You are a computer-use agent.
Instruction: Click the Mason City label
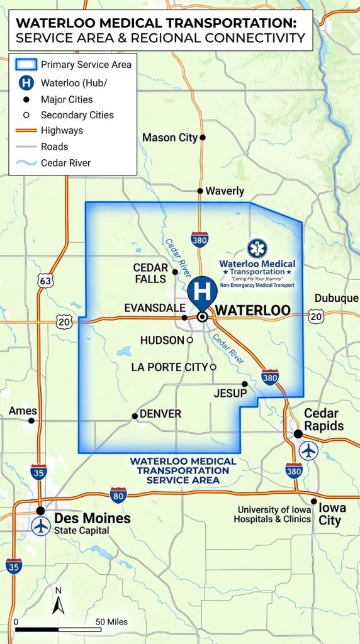tap(170, 138)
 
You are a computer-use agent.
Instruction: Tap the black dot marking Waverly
tap(200, 191)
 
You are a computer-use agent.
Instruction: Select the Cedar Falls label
tap(151, 272)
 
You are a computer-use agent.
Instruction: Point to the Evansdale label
tap(154, 308)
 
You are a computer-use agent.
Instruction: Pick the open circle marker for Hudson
tap(189, 340)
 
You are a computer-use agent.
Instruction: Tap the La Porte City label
tap(169, 367)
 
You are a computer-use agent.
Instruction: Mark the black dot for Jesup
tap(245, 384)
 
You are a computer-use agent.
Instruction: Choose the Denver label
tap(160, 414)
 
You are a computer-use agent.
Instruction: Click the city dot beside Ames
tap(31, 420)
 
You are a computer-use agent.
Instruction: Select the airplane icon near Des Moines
tap(42, 526)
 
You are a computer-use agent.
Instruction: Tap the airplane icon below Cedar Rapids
tap(308, 450)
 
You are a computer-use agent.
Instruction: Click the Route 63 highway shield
tap(45, 280)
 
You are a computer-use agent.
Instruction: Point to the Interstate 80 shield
tap(118, 494)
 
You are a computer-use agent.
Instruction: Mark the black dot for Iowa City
tap(313, 501)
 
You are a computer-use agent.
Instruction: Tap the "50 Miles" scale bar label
tap(111, 622)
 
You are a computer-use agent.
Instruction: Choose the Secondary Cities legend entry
tap(77, 115)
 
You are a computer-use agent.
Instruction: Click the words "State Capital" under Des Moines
tap(82, 531)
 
